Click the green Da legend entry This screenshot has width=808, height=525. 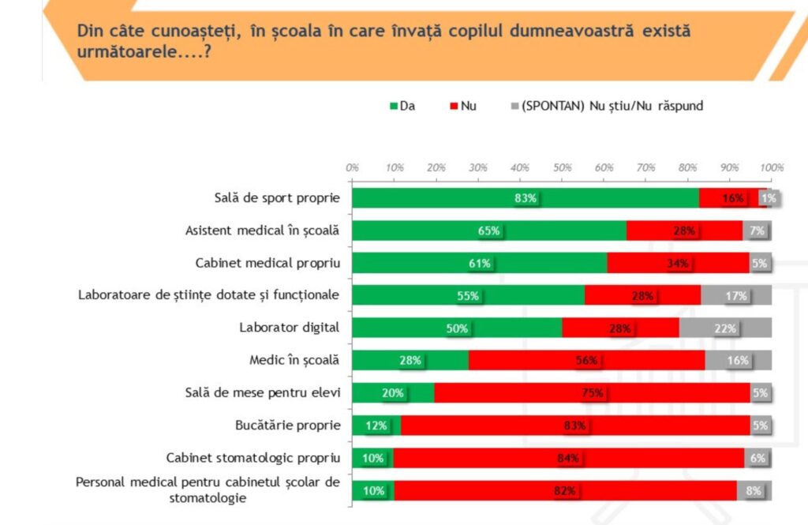tap(402, 105)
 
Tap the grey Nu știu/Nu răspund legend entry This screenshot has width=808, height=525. tap(607, 105)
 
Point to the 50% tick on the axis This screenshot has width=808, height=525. tap(561, 167)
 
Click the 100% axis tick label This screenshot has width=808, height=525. tap(772, 167)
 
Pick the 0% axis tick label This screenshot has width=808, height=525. tap(353, 167)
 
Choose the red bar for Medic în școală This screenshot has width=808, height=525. tap(586, 361)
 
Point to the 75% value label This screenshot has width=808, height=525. tap(593, 393)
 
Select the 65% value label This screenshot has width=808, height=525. tap(488, 231)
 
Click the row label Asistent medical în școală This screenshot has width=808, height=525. tap(262, 231)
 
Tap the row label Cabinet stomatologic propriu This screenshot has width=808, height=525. tap(252, 458)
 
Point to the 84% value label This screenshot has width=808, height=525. tap(568, 458)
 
